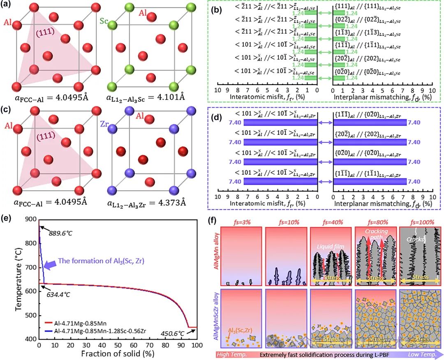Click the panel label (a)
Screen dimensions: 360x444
[x=9, y=5]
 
